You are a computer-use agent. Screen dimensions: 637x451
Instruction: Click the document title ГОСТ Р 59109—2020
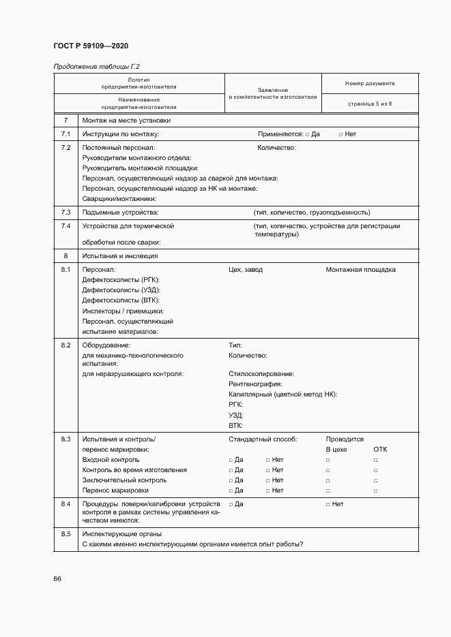(90, 46)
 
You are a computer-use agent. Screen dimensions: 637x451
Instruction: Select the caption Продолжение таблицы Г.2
(96, 66)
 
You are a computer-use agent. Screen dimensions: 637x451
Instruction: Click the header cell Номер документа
(369, 84)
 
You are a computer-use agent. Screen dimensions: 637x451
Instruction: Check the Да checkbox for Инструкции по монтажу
(308, 134)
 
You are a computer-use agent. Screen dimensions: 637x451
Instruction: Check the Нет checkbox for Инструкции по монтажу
(341, 134)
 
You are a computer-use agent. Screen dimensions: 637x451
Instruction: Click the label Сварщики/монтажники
(119, 198)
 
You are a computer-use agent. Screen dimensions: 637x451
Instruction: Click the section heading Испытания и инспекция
(119, 256)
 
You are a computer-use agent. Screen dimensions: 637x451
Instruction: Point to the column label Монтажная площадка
(360, 270)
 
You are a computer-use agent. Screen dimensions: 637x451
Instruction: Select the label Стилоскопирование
(261, 374)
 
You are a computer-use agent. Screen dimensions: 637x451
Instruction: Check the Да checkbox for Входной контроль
(231, 460)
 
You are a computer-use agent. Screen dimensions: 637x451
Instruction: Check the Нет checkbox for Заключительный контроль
(267, 480)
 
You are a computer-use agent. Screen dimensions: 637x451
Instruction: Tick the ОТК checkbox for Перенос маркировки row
(376, 491)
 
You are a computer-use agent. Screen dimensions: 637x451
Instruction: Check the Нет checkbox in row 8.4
(328, 504)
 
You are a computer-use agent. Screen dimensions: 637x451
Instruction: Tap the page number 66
(57, 578)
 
